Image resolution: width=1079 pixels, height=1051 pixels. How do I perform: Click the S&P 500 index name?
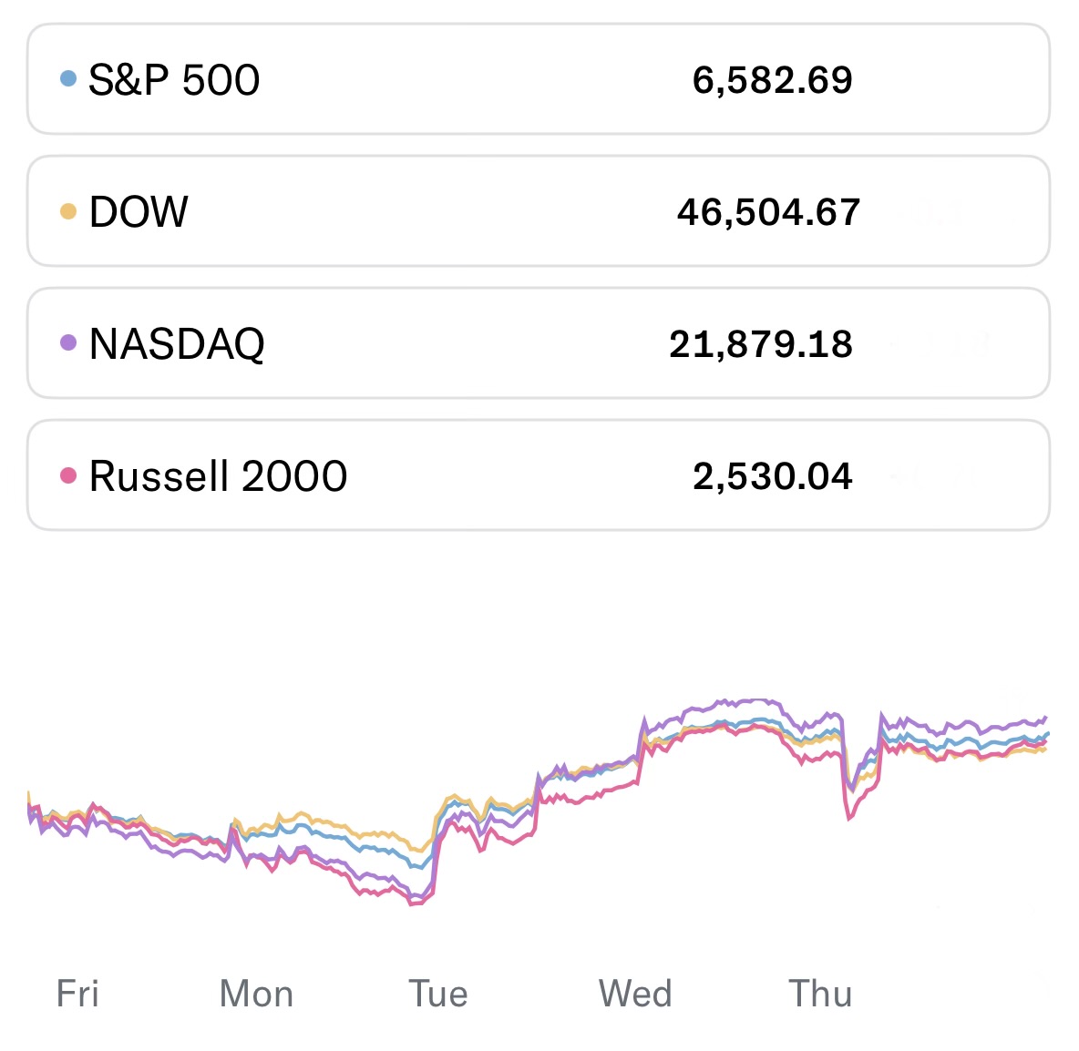174,80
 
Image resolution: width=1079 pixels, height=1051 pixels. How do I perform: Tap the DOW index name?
139,212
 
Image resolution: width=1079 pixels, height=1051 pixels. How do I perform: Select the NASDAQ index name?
177,344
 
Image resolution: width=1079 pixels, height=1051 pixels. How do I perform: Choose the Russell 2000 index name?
218,476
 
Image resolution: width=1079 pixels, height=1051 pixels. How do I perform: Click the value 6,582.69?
772,80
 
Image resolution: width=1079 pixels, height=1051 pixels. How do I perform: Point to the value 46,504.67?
768,212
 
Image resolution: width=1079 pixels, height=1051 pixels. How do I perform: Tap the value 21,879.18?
761,344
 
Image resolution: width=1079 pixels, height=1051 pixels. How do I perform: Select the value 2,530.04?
772,476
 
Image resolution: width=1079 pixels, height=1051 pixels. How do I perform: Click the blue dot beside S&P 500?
67,79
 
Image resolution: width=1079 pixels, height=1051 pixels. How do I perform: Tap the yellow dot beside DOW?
67,211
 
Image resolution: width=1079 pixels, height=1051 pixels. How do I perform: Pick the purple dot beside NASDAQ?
67,343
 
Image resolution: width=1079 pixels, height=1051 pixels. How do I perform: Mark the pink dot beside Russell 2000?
67,475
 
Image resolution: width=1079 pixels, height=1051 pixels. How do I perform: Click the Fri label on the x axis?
77,994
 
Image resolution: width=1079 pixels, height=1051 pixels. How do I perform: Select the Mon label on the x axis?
256,994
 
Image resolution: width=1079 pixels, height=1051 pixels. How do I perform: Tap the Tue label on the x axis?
437,994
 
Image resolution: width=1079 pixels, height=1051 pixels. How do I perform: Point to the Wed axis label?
635,994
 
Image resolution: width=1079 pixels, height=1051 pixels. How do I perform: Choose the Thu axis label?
820,994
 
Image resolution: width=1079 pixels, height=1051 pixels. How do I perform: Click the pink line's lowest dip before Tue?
413,903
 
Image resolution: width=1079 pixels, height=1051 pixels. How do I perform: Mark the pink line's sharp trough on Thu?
849,819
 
